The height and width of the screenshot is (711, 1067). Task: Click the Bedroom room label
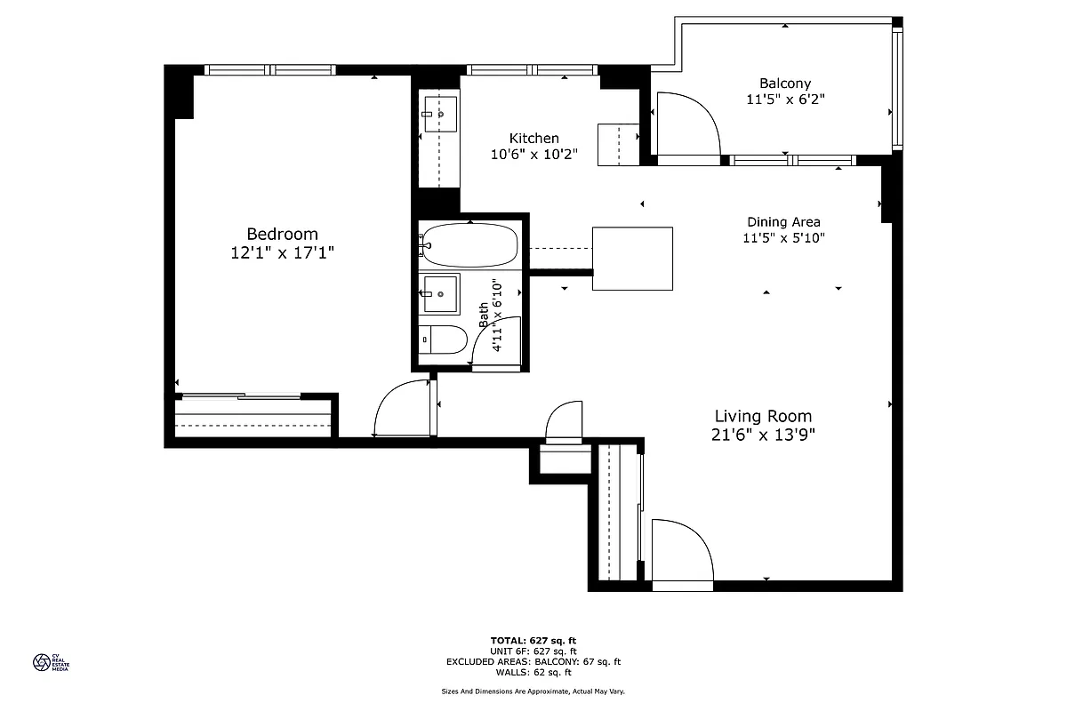[x=282, y=234]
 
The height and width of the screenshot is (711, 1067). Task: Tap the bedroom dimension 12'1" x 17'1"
[x=282, y=252]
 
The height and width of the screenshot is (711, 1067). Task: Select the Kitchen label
[x=533, y=138]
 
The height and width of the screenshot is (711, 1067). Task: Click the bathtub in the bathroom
[x=469, y=245]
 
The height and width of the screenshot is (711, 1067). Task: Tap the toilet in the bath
[x=443, y=340]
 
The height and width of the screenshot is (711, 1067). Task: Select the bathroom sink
[x=440, y=294]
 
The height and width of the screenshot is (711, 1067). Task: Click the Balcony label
[x=784, y=84]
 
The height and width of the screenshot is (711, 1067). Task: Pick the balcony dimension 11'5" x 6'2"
[x=785, y=100]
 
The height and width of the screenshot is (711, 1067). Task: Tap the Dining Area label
[x=783, y=222]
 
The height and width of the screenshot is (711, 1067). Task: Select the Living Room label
[x=763, y=416]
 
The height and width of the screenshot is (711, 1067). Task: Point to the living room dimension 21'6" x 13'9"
[x=763, y=435]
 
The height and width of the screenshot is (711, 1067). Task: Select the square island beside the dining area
[x=632, y=259]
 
